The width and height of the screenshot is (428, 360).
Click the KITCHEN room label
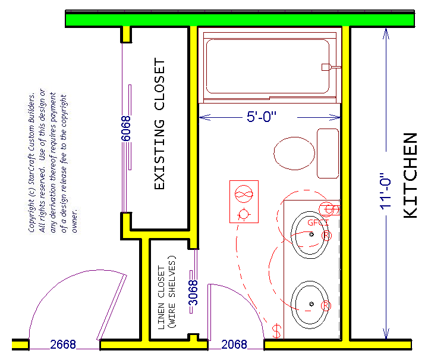tap(410, 176)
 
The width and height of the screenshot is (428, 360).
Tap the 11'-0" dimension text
tap(386, 191)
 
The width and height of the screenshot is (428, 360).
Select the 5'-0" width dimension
tap(262, 117)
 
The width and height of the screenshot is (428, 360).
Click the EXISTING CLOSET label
tap(159, 123)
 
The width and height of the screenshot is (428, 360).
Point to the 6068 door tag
tap(126, 129)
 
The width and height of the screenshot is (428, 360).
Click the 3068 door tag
tap(193, 293)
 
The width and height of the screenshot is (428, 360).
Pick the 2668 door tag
tap(63, 345)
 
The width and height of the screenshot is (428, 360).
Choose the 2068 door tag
tap(234, 345)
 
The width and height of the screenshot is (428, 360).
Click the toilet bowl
tap(294, 154)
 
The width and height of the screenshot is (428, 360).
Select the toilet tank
tap(328, 154)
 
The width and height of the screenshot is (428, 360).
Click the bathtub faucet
tap(331, 67)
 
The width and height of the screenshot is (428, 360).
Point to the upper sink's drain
tap(311, 234)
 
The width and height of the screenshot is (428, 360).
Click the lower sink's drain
tap(311, 304)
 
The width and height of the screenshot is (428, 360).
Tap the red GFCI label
tap(318, 223)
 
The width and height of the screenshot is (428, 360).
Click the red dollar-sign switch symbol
tap(277, 331)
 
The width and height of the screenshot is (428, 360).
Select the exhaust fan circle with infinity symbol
tap(244, 194)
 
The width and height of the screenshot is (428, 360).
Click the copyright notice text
tap(48, 161)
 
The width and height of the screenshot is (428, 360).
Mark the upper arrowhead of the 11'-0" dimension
tap(386, 29)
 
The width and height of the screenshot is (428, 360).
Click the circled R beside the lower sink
tap(326, 306)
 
